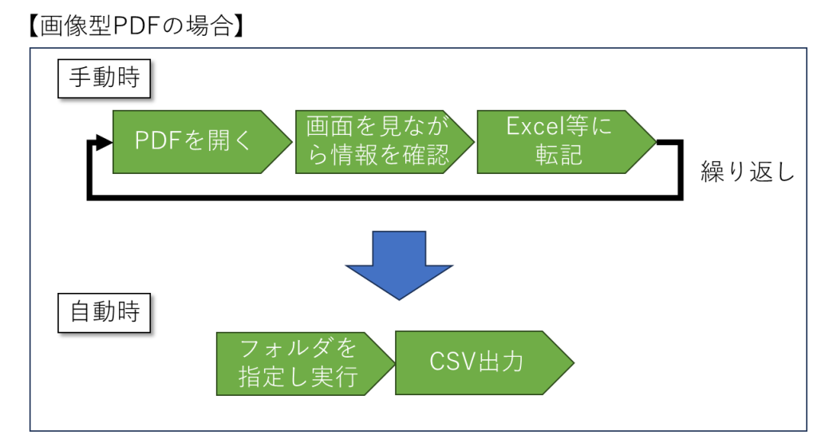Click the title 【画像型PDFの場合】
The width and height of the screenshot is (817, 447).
pyautogui.click(x=136, y=26)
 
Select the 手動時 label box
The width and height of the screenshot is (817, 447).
pyautogui.click(x=105, y=79)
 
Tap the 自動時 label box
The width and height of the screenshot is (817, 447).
pyautogui.click(x=105, y=313)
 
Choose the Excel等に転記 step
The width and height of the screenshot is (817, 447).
pyautogui.click(x=566, y=142)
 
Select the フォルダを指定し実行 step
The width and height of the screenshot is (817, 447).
pyautogui.click(x=306, y=364)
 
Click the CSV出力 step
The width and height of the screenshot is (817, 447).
pyautogui.click(x=484, y=362)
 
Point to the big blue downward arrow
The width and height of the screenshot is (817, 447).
pyautogui.click(x=399, y=265)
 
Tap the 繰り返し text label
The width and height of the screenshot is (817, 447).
pyautogui.click(x=748, y=172)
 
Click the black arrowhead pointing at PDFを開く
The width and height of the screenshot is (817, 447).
pyautogui.click(x=104, y=142)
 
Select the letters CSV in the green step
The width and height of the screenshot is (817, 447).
pyautogui.click(x=452, y=361)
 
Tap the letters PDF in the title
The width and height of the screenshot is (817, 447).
pyautogui.click(x=136, y=26)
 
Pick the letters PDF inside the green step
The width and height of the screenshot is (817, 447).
pyautogui.click(x=157, y=140)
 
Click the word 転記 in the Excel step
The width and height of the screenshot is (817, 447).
pyautogui.click(x=558, y=155)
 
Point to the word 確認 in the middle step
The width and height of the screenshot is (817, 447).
pyautogui.click(x=425, y=155)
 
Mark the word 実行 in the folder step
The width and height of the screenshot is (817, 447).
pyautogui.click(x=334, y=377)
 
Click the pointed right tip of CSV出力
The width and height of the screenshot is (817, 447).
pyautogui.click(x=574, y=362)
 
